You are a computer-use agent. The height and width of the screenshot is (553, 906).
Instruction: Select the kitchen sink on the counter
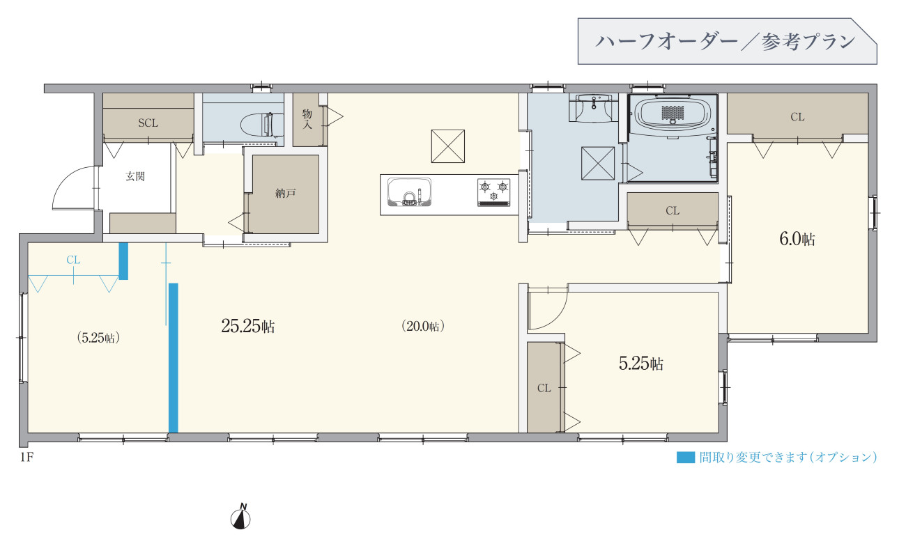tap(409, 192)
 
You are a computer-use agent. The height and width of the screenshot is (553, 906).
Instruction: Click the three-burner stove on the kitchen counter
tap(493, 192)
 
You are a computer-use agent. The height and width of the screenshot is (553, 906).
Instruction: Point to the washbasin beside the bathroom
tap(593, 108)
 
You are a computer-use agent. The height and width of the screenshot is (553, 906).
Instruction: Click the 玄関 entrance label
tap(135, 176)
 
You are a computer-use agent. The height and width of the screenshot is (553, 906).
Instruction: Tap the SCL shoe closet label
tap(148, 123)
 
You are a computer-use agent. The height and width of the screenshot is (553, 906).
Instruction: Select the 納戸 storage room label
tap(286, 193)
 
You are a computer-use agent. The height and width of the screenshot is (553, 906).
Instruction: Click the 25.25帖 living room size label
tap(248, 326)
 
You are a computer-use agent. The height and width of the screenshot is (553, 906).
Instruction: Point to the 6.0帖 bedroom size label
tap(797, 239)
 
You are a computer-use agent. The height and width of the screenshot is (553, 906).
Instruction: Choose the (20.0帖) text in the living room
tap(423, 326)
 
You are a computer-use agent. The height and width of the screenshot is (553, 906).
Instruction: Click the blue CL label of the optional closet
tap(73, 260)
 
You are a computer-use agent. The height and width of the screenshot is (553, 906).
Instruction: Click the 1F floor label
tap(27, 457)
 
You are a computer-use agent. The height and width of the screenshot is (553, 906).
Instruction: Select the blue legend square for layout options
tap(686, 457)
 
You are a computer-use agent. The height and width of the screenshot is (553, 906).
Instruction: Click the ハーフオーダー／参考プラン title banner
tap(727, 41)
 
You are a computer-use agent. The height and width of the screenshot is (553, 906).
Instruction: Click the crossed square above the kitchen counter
tap(447, 146)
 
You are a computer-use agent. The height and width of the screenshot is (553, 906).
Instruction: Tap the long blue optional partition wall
tap(174, 358)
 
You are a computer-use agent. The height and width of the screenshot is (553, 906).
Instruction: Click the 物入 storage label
tap(307, 119)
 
